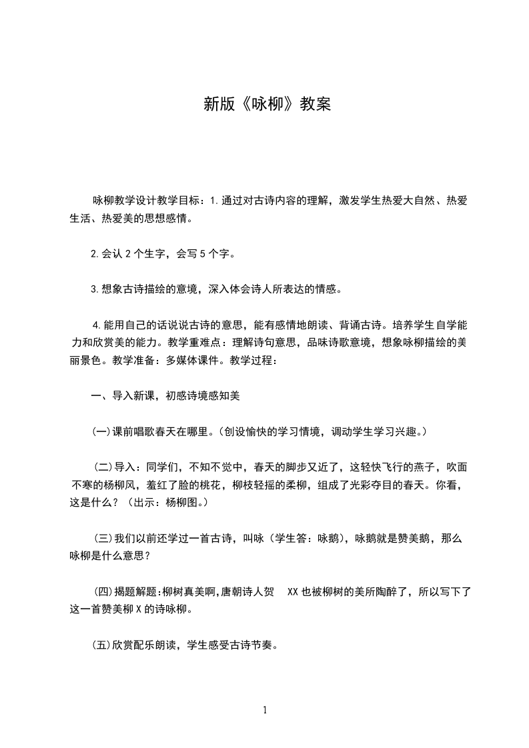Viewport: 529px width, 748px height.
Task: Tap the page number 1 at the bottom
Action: point(265,710)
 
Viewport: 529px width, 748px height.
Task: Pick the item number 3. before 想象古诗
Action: point(95,289)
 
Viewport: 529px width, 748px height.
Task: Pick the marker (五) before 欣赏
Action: point(101,645)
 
